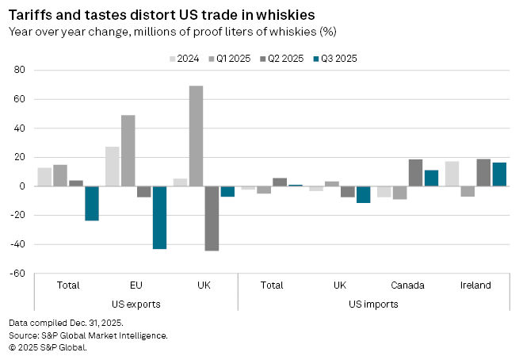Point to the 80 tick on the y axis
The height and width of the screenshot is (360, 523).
(x=21, y=71)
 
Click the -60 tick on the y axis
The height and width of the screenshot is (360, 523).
(x=18, y=274)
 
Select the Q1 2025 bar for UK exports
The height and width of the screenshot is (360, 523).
(x=196, y=136)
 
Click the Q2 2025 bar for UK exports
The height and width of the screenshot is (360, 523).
(x=212, y=218)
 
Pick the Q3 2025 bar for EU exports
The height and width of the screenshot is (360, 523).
(x=159, y=217)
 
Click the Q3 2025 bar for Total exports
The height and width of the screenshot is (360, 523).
(x=91, y=203)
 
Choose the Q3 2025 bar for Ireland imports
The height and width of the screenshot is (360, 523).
(x=499, y=174)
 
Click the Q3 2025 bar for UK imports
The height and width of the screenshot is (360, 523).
(x=363, y=194)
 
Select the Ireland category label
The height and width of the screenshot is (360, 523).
(x=475, y=285)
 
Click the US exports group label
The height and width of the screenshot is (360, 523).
(x=136, y=304)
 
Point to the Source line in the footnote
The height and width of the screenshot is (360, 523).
(x=88, y=335)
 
